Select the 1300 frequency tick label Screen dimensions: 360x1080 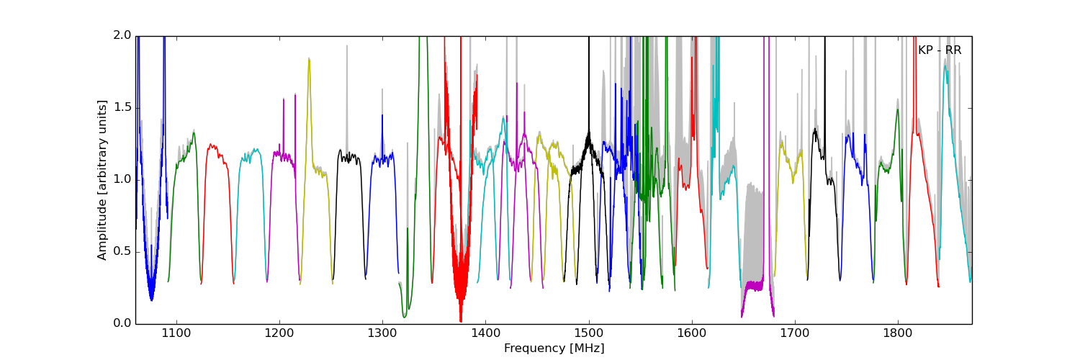(x=382, y=333)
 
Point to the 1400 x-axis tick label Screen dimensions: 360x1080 (x=485, y=333)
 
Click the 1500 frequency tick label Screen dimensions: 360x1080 (x=589, y=333)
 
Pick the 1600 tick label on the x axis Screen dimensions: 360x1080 (x=692, y=333)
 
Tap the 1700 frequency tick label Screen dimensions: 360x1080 (x=795, y=333)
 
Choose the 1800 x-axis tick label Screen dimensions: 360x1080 (x=898, y=333)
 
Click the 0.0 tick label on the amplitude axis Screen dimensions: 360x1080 (x=122, y=323)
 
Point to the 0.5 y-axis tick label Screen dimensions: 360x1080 (x=122, y=251)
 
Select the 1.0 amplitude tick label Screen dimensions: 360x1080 (x=122, y=179)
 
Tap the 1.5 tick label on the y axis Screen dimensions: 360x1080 (x=122, y=107)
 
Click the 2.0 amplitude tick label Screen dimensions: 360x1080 (x=122, y=35)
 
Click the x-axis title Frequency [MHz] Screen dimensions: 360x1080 (x=554, y=348)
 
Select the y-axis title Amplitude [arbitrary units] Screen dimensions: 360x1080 (x=102, y=179)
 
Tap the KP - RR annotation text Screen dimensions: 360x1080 (x=939, y=50)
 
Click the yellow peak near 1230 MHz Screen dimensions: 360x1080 (x=309, y=59)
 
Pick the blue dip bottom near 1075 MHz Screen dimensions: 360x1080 (x=151, y=297)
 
